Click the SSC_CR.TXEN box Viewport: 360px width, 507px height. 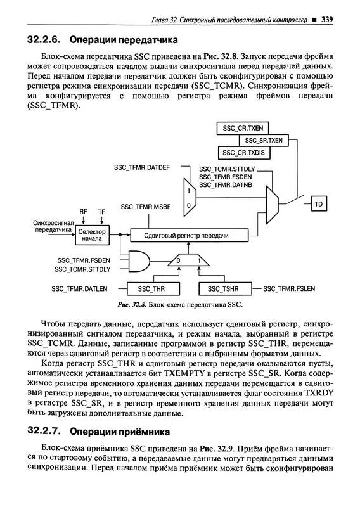(243, 128)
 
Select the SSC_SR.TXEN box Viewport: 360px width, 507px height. (264, 140)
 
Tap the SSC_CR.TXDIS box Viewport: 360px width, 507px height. (243, 153)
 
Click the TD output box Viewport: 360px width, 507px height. (319, 204)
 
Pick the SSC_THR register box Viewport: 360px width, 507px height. (153, 289)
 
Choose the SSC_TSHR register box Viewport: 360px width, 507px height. (225, 289)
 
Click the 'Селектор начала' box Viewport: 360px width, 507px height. (92, 235)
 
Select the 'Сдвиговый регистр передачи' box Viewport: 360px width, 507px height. (190, 235)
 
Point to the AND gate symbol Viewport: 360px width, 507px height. (139, 260)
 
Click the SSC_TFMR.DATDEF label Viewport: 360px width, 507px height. (142, 167)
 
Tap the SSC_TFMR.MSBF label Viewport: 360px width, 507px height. (146, 207)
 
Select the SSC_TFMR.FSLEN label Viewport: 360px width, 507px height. (289, 289)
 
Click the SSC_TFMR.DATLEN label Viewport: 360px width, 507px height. (79, 289)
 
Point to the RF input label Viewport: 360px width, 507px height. (84, 212)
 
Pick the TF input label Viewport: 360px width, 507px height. (101, 212)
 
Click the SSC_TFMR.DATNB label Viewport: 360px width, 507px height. (226, 185)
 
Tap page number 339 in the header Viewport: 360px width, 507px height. (327, 20)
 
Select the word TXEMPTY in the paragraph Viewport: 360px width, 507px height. (184, 373)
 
